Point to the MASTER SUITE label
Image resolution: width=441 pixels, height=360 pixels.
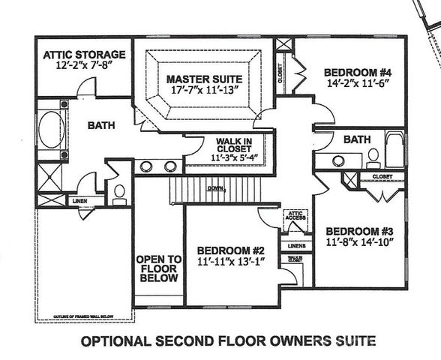click(x=203, y=78)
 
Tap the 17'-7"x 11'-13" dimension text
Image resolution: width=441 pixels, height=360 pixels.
click(x=203, y=91)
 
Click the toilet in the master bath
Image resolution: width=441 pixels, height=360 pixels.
click(x=118, y=193)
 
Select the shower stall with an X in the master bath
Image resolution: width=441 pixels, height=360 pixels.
click(x=49, y=182)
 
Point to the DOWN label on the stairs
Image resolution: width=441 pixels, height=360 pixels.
click(x=216, y=188)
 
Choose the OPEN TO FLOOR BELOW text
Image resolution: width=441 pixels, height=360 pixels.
click(x=159, y=268)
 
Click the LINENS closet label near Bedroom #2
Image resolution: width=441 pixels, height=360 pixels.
click(x=293, y=245)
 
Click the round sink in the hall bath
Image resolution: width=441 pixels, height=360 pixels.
click(x=339, y=160)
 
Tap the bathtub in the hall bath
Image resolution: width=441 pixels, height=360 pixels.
click(x=393, y=151)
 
